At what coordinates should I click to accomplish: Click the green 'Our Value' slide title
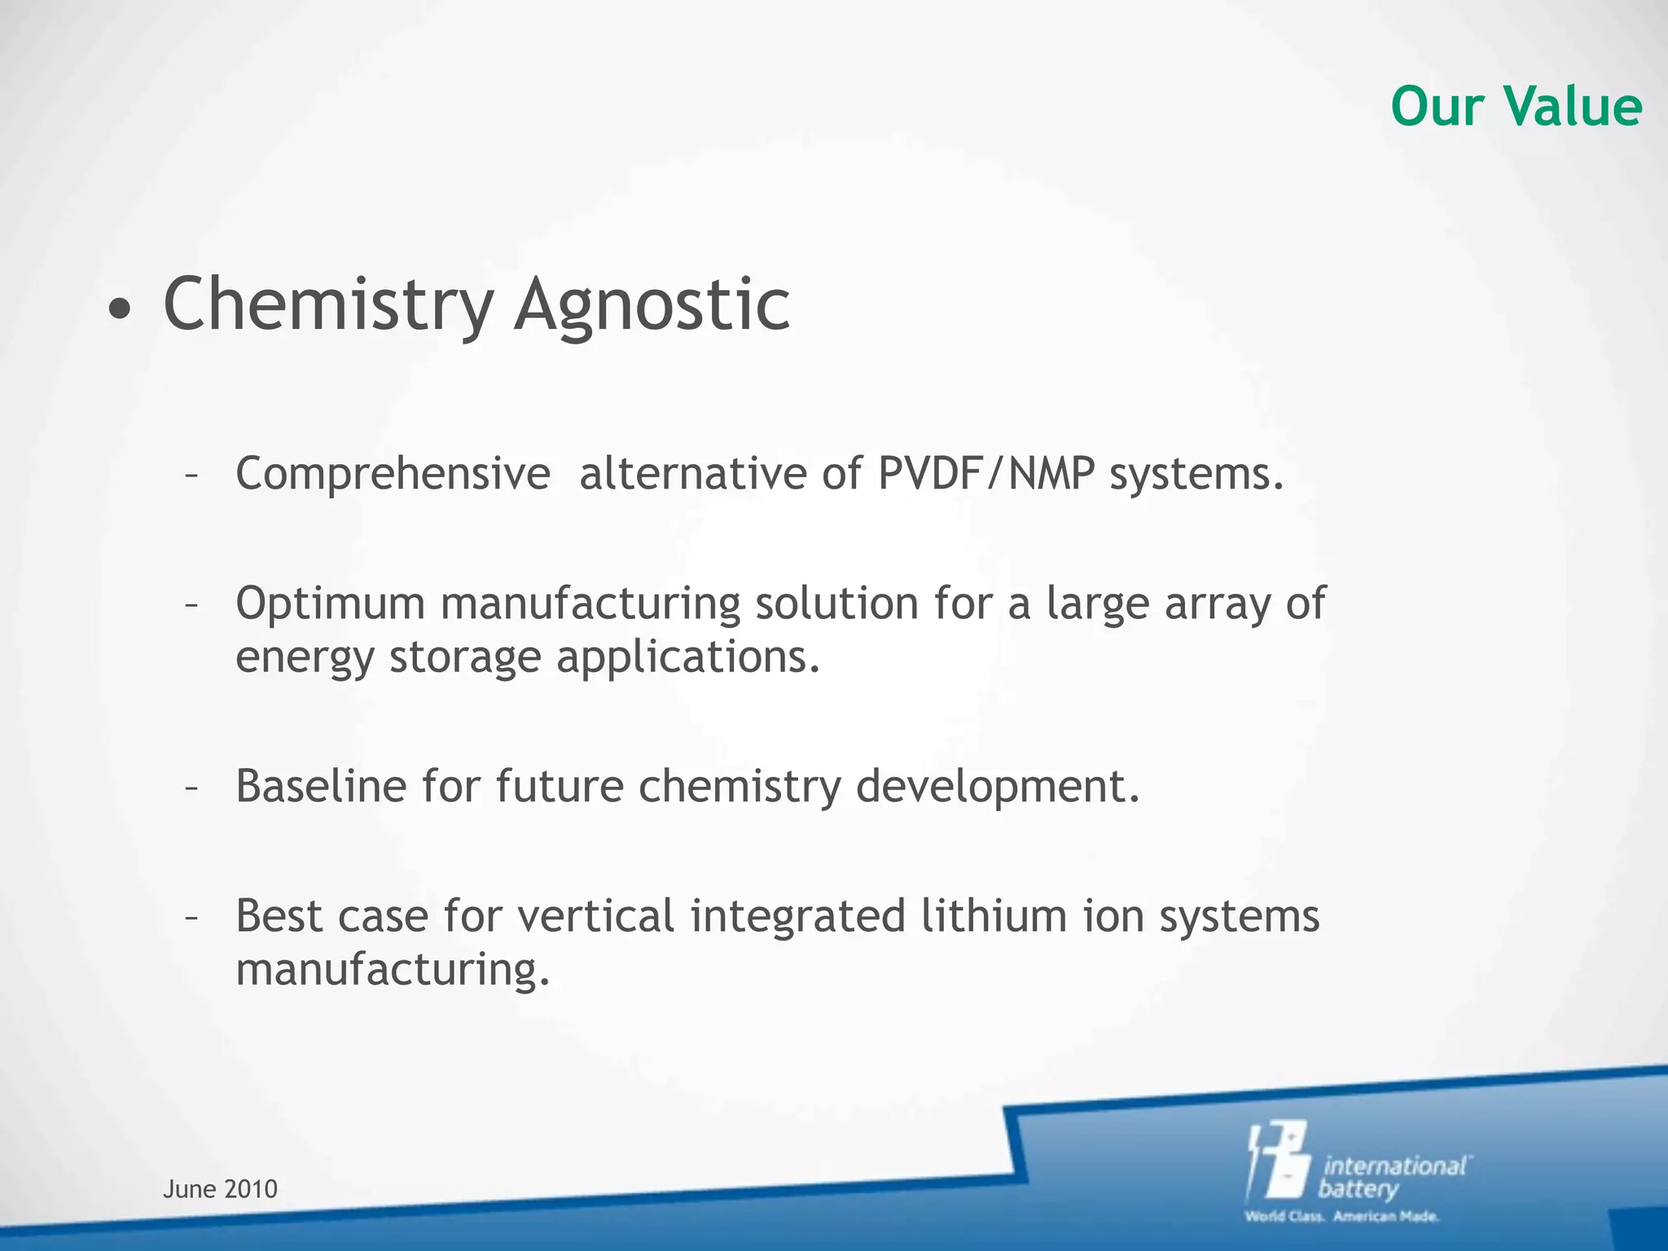(1516, 107)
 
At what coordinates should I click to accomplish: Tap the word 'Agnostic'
(652, 305)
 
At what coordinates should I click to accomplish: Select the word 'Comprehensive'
(393, 474)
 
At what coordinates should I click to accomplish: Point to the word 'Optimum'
(330, 604)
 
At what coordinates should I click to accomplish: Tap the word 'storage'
(465, 657)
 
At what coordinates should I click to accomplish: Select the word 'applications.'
(688, 657)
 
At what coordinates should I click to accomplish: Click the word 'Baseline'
(320, 787)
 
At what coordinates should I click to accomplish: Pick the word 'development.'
(998, 787)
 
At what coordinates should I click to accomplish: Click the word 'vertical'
(595, 916)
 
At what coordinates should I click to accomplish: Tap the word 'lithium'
(994, 916)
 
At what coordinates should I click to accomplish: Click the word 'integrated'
(798, 916)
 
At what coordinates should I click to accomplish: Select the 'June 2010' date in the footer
(220, 1190)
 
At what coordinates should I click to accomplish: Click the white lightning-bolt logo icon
(1278, 1161)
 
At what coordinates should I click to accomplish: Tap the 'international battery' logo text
(1393, 1177)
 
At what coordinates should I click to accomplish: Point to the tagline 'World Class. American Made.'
(1341, 1217)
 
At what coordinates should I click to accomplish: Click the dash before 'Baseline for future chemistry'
(191, 788)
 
